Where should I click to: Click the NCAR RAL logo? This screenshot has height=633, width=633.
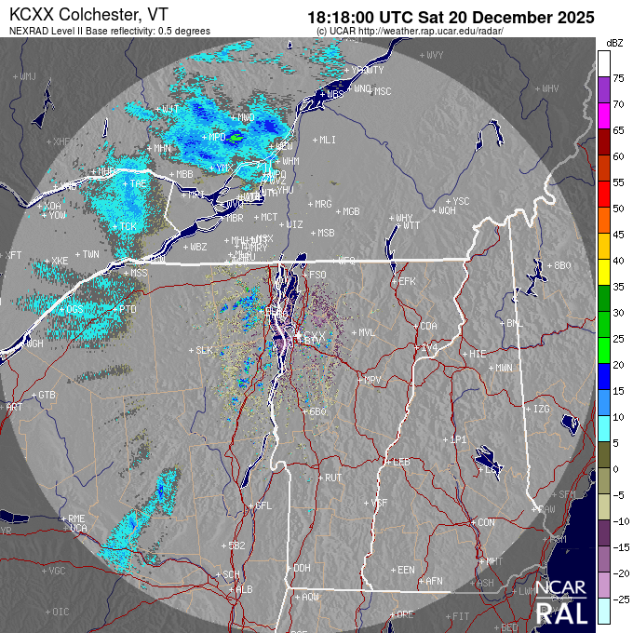pyautogui.click(x=562, y=602)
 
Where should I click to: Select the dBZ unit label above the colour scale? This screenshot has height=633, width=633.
pyautogui.click(x=613, y=43)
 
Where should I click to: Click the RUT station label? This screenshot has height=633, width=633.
pyautogui.click(x=333, y=478)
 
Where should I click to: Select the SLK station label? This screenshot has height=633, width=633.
pyautogui.click(x=205, y=350)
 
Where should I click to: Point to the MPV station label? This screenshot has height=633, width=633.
pyautogui.click(x=372, y=380)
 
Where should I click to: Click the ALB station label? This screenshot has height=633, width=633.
pyautogui.click(x=245, y=589)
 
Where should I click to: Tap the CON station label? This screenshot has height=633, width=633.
pyautogui.click(x=485, y=522)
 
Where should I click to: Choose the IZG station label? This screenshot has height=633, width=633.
pyautogui.click(x=541, y=409)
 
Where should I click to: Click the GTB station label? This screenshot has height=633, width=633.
pyautogui.click(x=47, y=395)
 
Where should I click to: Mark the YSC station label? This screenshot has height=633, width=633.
pyautogui.click(x=461, y=201)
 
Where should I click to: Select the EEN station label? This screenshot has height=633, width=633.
pyautogui.click(x=405, y=569)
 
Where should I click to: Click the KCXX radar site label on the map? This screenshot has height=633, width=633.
pyautogui.click(x=316, y=335)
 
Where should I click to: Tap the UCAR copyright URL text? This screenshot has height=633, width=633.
pyautogui.click(x=411, y=31)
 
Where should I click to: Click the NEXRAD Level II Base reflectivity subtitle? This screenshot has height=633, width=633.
pyautogui.click(x=109, y=31)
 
